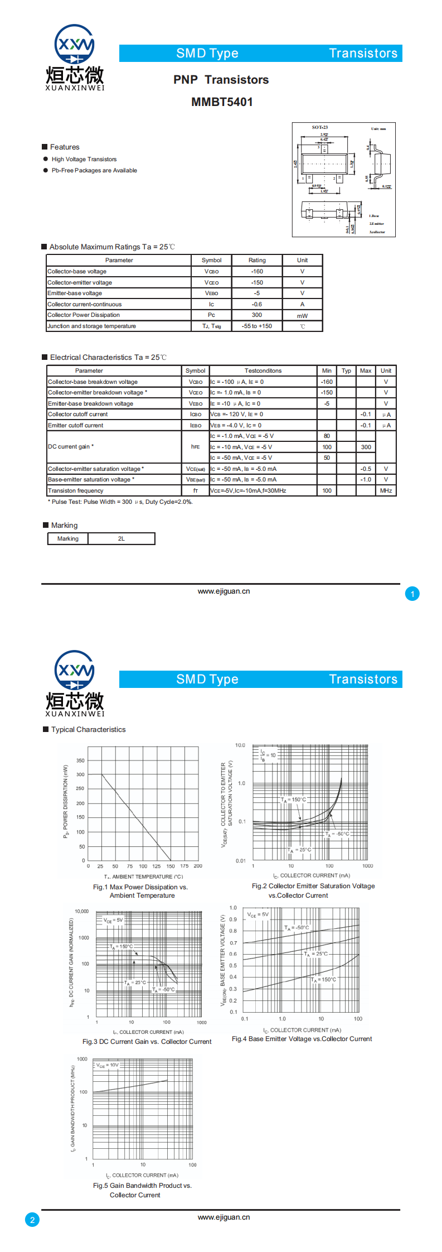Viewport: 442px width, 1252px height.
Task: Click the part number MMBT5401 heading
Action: click(222, 102)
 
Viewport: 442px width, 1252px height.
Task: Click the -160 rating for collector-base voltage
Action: click(257, 272)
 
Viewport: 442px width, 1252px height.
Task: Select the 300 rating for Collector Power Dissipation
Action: click(257, 315)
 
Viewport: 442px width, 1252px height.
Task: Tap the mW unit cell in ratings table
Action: click(302, 316)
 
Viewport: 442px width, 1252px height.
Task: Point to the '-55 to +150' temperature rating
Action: click(257, 326)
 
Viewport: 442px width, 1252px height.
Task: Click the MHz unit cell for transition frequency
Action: click(386, 491)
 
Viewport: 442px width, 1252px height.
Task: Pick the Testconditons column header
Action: click(263, 371)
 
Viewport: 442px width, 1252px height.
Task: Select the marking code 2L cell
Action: click(122, 539)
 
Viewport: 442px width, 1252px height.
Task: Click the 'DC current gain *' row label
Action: click(71, 447)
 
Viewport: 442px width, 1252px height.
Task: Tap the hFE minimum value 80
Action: click(327, 436)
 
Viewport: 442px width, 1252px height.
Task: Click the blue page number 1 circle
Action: click(412, 594)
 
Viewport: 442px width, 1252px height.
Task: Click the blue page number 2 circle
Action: click(32, 1220)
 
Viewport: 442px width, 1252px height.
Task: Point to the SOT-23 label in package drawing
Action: click(320, 128)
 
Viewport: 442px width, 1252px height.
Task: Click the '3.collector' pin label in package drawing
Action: click(377, 232)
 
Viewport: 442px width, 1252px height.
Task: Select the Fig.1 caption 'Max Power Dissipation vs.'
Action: click(140, 887)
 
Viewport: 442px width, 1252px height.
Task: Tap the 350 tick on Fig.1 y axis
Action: click(81, 760)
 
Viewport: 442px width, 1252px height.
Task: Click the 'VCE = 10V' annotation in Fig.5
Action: click(108, 1065)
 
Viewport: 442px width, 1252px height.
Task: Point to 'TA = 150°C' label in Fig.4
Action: click(324, 980)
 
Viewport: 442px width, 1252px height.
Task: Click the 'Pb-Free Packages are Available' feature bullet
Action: click(94, 171)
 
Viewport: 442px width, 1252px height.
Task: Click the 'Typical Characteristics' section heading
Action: click(88, 730)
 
